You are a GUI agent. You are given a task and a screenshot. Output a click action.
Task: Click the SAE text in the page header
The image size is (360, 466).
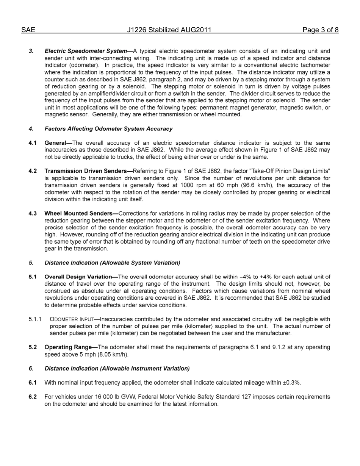(x=28, y=30)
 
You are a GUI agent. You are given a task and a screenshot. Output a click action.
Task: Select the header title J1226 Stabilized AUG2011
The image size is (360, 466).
(x=169, y=30)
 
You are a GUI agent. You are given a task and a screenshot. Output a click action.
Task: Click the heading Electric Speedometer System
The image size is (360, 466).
(x=86, y=51)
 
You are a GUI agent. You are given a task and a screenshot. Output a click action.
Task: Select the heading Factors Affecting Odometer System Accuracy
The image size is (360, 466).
(x=108, y=129)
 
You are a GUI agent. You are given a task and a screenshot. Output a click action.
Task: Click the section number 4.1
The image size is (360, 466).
(x=33, y=143)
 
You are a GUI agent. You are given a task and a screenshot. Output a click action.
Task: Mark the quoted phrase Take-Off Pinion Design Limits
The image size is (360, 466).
(x=290, y=171)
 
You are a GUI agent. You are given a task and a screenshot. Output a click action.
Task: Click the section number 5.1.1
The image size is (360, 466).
(x=35, y=319)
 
